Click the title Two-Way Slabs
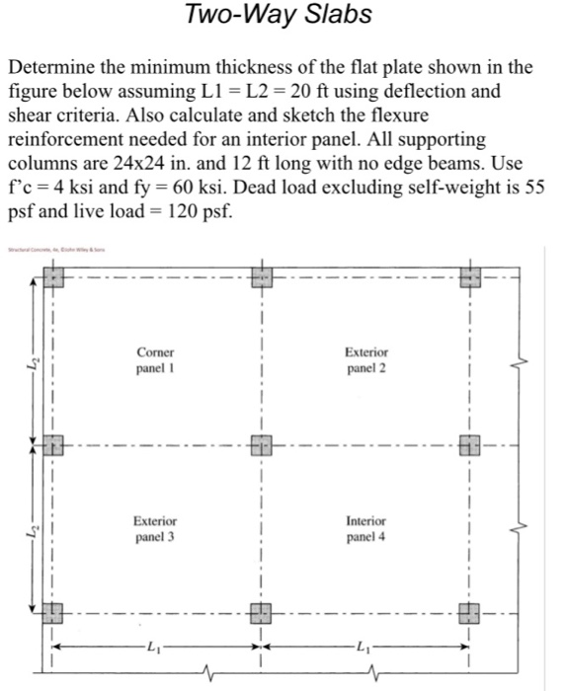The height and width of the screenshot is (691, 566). [x=279, y=15]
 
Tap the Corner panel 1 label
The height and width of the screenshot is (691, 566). [x=156, y=360]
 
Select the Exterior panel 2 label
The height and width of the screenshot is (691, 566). [x=366, y=360]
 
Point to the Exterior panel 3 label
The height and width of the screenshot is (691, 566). [x=155, y=528]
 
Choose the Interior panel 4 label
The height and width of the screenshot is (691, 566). [x=366, y=528]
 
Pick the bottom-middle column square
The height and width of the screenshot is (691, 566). [x=261, y=612]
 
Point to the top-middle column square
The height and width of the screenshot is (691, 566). [x=261, y=275]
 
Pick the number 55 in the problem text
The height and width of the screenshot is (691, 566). [x=532, y=187]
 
